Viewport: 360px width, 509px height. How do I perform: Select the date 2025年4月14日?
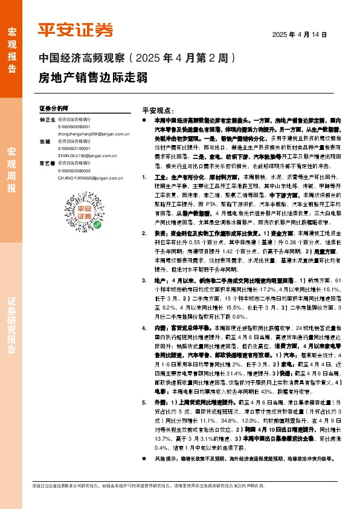click(300, 35)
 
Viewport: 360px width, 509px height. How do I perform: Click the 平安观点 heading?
click(158, 111)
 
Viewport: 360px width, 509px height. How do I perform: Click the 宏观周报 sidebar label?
click(11, 169)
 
